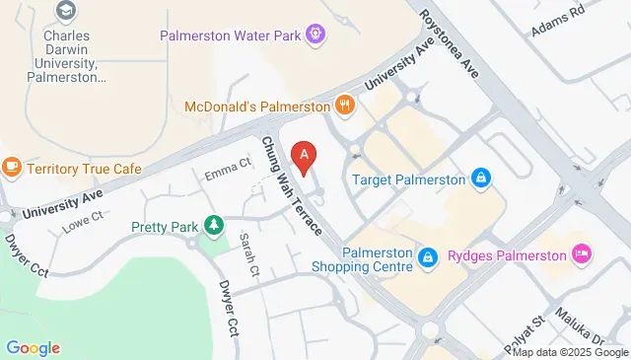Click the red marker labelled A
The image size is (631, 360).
click(306, 156)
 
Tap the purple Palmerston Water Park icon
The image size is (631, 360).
click(315, 35)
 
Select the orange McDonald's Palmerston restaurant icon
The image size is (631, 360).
click(344, 105)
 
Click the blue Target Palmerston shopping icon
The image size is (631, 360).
click(480, 179)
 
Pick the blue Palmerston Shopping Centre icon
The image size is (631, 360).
click(428, 258)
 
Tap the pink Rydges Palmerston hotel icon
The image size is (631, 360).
click(582, 254)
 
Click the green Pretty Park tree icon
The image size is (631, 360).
click(212, 227)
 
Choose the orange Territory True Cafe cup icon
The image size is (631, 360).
click(12, 168)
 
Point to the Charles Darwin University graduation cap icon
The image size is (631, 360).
click(66, 11)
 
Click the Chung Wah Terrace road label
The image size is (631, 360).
click(291, 185)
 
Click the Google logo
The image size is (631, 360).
click(33, 347)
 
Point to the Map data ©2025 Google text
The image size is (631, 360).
click(570, 352)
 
